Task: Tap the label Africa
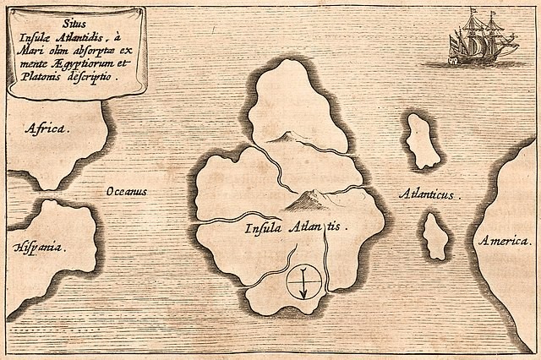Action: pyautogui.click(x=46, y=129)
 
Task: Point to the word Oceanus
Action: pyautogui.click(x=126, y=192)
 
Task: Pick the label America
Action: pyautogui.click(x=504, y=242)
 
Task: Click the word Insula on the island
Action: pyautogui.click(x=263, y=228)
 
